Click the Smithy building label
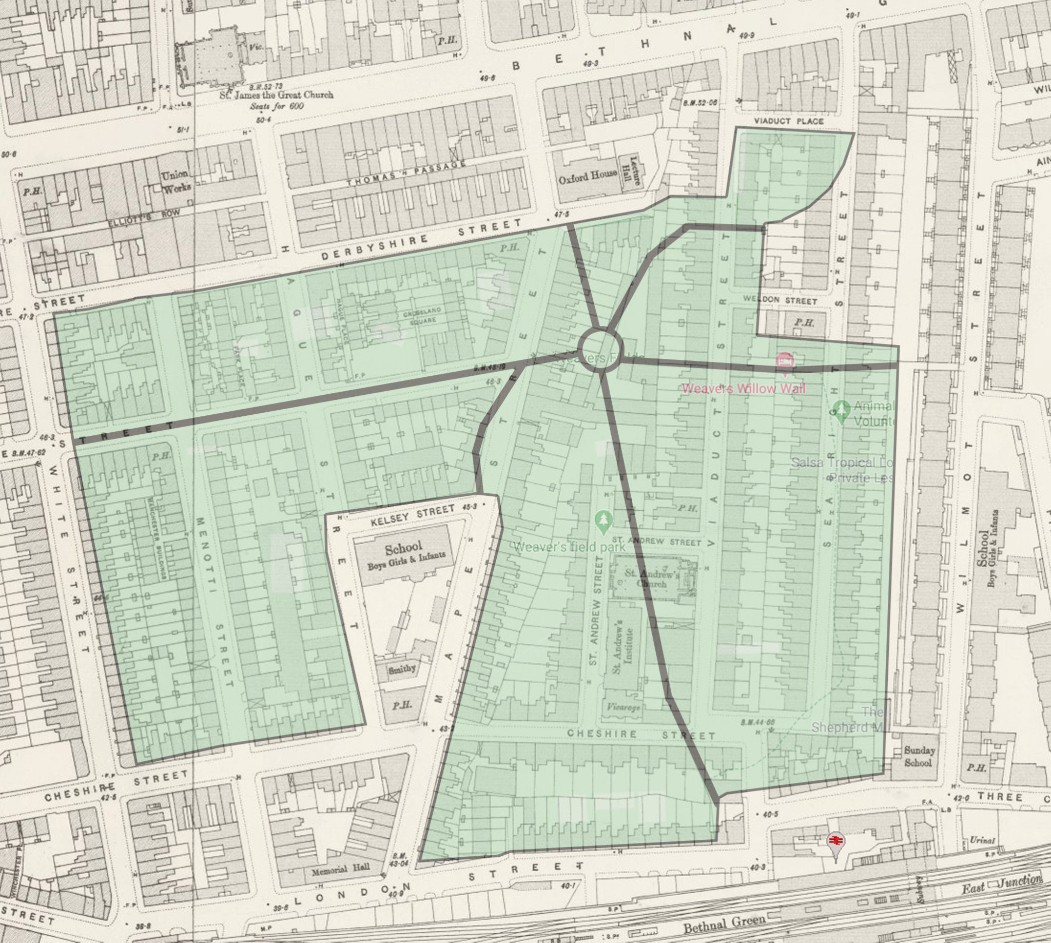(402, 668)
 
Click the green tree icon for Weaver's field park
(602, 523)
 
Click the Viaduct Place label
(788, 121)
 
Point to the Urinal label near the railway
(982, 840)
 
